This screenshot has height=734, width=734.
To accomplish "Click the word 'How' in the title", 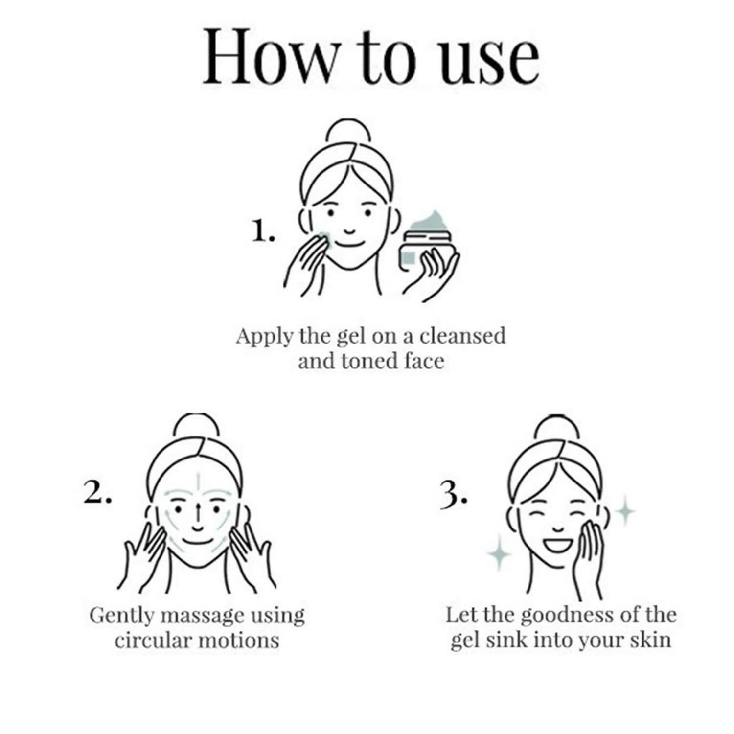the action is click(272, 57).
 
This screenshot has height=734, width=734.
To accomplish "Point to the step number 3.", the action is click(454, 495).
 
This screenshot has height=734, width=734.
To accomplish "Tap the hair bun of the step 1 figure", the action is click(348, 132).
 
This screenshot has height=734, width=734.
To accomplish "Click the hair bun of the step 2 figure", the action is click(196, 426).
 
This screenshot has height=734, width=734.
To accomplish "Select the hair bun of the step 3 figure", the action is click(557, 427).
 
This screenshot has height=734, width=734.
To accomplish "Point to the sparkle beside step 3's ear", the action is click(625, 511).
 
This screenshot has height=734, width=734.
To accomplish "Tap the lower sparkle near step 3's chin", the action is click(499, 553).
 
